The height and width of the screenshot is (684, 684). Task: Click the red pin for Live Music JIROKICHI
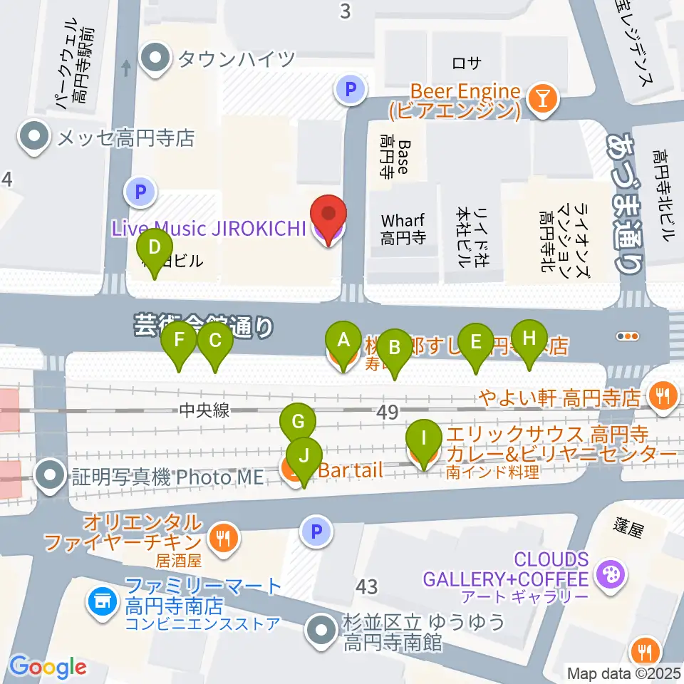328,218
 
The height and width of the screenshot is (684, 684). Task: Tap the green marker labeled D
154,253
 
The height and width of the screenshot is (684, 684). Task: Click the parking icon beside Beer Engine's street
350,90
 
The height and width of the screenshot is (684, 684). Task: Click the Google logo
48,667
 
